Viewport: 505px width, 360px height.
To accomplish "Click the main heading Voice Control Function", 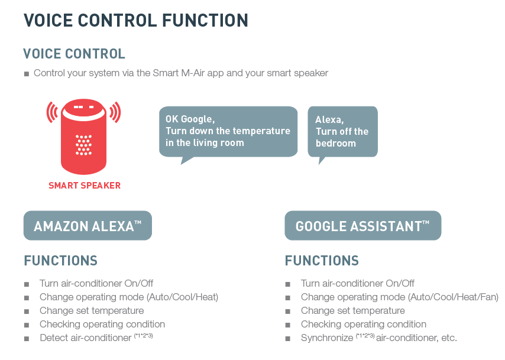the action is (x=135, y=21).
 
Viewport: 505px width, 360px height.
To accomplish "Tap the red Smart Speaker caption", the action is (x=85, y=186).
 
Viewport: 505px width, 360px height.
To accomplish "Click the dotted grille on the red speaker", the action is (x=84, y=145).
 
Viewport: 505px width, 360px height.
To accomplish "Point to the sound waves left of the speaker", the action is (x=52, y=112).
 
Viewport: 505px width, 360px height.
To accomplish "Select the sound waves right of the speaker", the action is (x=115, y=112).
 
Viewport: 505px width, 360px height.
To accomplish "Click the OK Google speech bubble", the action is (x=228, y=132).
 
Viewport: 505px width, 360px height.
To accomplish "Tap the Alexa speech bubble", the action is (x=343, y=132).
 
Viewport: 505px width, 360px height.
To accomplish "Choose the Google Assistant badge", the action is (x=363, y=225).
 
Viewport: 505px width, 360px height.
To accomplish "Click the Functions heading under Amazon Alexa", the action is (x=60, y=261).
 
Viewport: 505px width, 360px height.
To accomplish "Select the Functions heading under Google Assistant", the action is (x=322, y=261).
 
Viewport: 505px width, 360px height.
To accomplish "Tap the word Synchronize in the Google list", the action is (x=327, y=338).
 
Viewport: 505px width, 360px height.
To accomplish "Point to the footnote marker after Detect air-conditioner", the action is (x=143, y=336).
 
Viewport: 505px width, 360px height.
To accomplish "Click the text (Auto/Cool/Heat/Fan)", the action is (x=453, y=297).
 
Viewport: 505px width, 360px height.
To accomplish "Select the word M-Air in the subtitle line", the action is (x=193, y=73).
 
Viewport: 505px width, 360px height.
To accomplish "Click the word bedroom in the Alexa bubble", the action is (x=336, y=143).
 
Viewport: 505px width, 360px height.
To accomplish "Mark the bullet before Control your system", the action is (x=27, y=74).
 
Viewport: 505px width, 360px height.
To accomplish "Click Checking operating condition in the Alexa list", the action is (x=102, y=325).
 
